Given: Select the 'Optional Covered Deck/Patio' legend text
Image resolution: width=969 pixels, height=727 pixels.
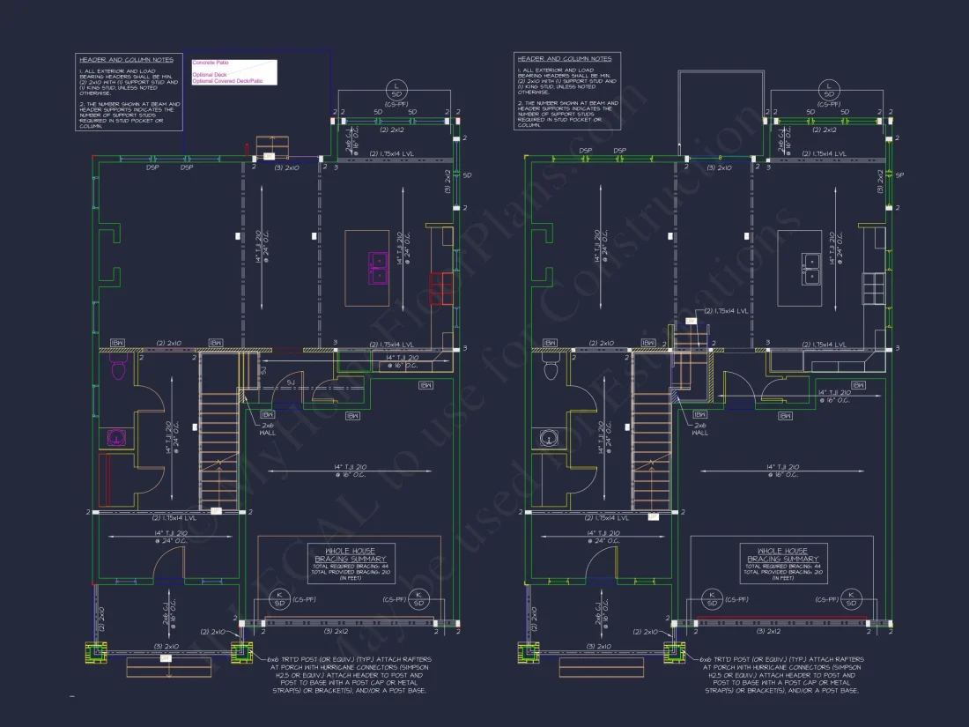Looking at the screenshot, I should coord(227,81).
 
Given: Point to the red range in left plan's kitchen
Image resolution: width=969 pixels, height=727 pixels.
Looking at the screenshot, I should coord(440,287).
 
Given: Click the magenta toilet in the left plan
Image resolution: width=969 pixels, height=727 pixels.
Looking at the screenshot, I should coord(116,369).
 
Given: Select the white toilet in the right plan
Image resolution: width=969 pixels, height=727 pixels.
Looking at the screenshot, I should coord(552,369).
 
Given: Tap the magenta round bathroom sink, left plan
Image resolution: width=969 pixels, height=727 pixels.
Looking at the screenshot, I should coord(114,436).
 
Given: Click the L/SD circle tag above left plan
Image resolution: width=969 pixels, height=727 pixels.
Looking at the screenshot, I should coord(396,90).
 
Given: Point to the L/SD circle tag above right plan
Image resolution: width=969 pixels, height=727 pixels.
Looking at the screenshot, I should coord(829,90).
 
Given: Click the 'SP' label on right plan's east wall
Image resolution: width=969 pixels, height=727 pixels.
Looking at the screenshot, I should coord(900,175).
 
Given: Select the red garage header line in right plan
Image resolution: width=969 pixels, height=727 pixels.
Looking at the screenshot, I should coord(781,617).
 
